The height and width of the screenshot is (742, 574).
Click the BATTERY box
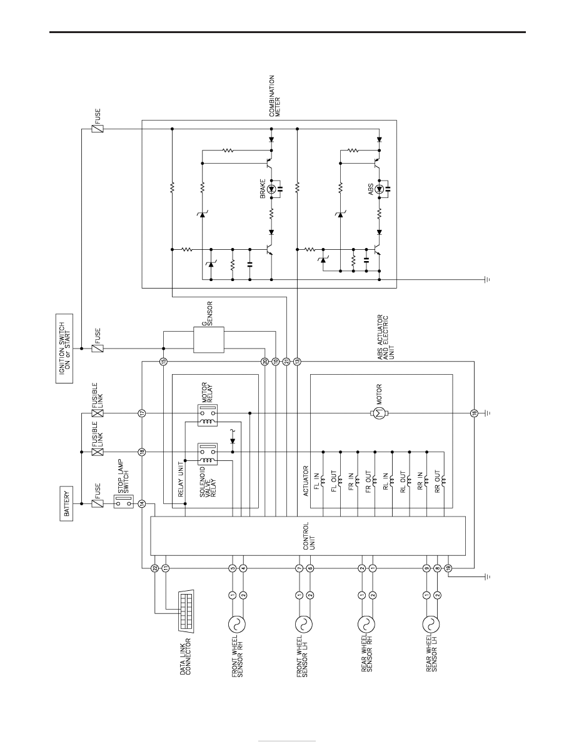(67, 503)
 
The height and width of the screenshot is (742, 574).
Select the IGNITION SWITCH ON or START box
(64, 349)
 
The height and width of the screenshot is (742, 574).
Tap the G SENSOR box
(209, 339)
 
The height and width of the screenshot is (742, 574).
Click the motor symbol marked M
(378, 413)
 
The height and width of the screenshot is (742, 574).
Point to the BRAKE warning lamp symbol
(271, 189)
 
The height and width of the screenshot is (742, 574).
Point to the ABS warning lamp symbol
(379, 189)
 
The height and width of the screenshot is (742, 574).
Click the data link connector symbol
(188, 611)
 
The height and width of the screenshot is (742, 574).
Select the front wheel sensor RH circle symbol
(237, 624)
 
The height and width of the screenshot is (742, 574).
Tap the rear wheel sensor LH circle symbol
(430, 624)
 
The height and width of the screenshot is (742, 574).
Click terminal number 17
(141, 413)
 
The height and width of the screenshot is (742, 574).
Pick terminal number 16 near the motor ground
(473, 413)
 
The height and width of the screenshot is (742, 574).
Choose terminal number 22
(154, 568)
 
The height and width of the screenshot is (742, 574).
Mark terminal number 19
(448, 568)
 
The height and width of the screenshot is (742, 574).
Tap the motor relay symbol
(207, 415)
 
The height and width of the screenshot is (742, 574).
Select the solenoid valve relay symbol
(207, 454)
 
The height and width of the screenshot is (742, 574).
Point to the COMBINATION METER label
(274, 96)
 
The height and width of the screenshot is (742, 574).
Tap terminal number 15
(163, 362)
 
